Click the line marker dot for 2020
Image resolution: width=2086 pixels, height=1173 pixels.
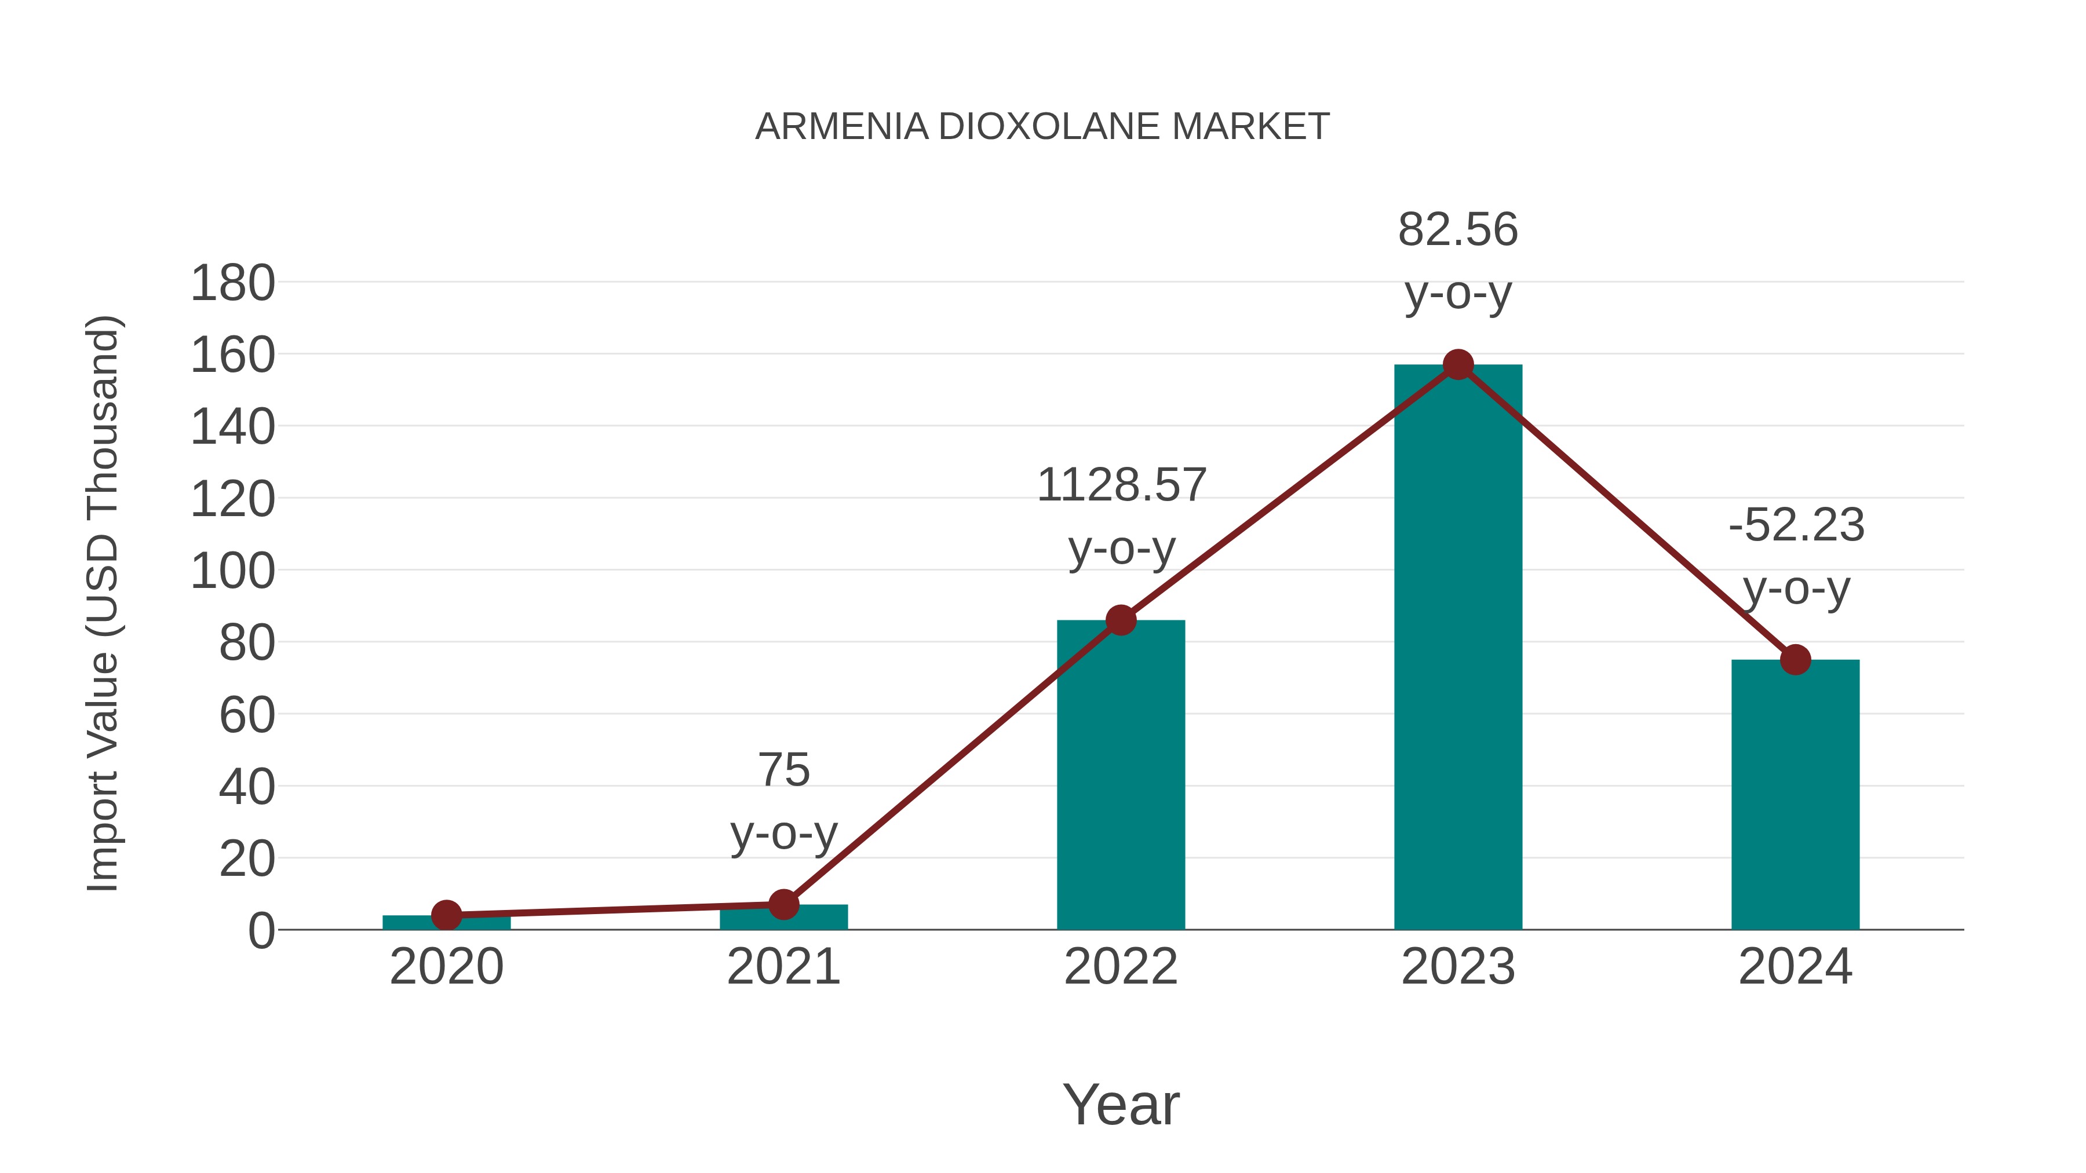446,916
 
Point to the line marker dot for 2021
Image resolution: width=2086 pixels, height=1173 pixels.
783,904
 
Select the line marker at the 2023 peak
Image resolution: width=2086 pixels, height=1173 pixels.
1458,365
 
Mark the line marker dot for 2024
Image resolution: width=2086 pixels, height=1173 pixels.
1795,660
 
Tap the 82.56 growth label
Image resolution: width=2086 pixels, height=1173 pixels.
1458,230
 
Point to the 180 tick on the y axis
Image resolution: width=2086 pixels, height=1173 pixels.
232,284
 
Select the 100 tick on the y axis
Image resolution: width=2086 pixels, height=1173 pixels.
232,572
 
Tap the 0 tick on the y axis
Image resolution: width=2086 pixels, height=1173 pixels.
261,931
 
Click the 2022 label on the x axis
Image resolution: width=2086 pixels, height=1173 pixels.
1121,967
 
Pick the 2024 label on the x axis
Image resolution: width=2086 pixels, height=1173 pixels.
1795,967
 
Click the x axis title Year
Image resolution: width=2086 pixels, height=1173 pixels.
1121,1104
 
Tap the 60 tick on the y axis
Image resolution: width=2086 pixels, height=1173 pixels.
246,715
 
